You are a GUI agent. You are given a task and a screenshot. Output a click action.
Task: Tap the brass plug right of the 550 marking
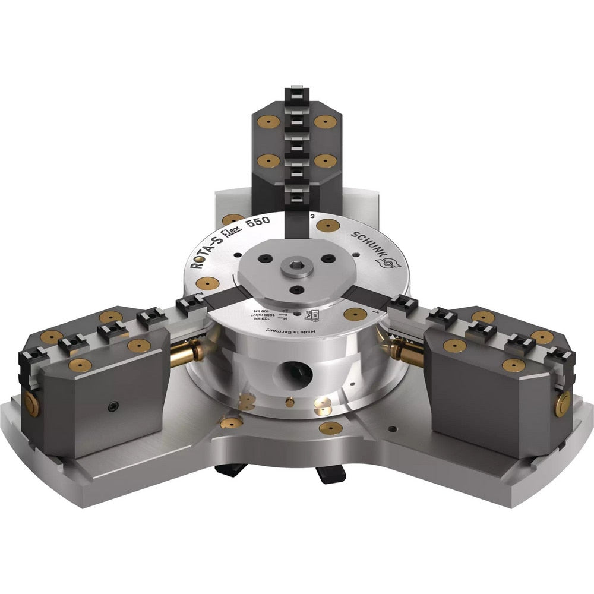[x=328, y=225]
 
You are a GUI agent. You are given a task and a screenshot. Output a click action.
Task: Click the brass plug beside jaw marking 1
[x=355, y=314]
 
